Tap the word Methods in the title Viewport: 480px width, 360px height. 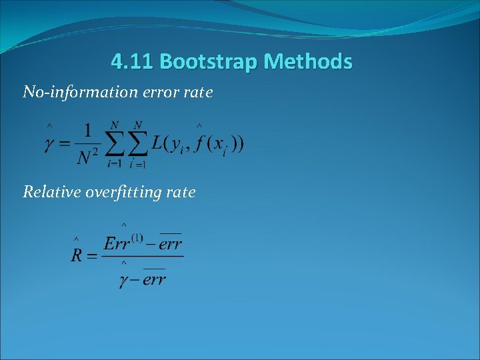coord(307,62)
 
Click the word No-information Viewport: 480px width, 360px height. coord(72,92)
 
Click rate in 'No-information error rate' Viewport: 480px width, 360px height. coord(198,92)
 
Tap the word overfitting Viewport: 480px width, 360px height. coord(123,193)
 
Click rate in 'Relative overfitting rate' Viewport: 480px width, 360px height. coord(181,192)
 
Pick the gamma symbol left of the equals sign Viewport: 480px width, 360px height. coord(49,144)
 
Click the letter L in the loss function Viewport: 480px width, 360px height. coord(157,143)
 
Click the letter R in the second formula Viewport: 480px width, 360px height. coord(77,255)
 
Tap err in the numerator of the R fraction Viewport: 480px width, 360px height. coord(170,243)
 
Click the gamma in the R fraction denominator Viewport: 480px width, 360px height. coord(124,280)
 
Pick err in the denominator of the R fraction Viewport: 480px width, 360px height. coord(154,280)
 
